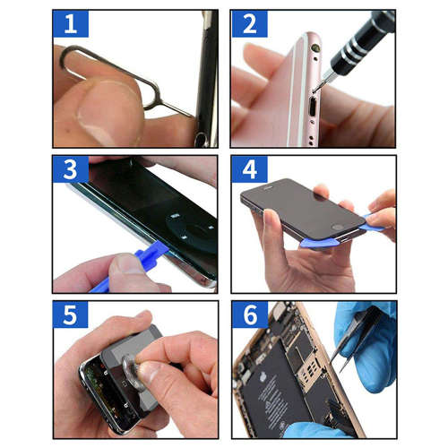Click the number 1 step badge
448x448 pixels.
click(70, 24)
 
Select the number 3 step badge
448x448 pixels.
click(70, 170)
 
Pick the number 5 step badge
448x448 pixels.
click(70, 315)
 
